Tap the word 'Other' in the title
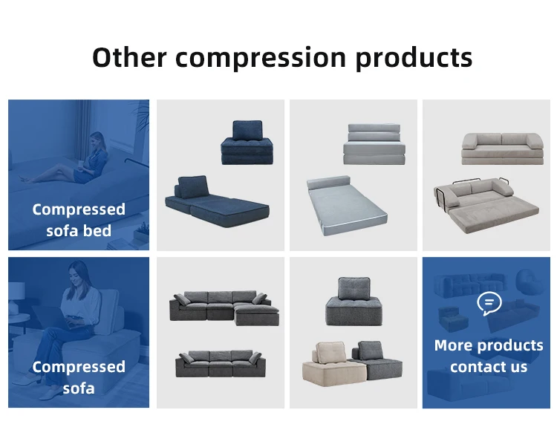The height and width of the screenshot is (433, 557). coord(128,57)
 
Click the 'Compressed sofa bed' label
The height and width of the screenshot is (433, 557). coord(79,220)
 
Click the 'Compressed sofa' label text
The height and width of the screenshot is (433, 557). coord(79,377)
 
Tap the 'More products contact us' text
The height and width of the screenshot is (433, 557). coord(489,356)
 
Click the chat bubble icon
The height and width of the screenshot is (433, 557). coord(489,303)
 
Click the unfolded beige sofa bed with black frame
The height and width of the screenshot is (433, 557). coord(487,205)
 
